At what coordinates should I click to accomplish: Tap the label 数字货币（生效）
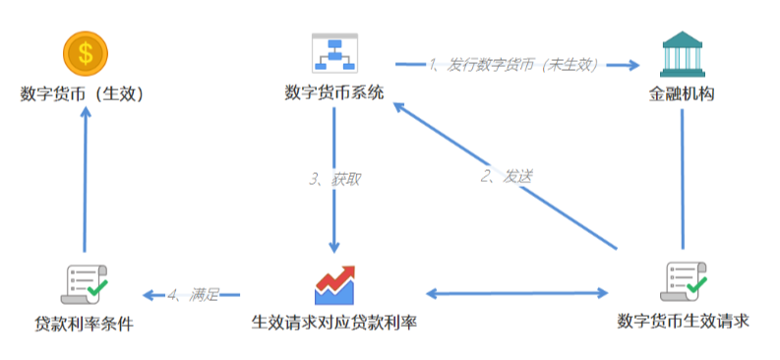(84, 94)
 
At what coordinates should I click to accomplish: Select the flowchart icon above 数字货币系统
(334, 53)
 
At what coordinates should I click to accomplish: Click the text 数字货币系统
(334, 93)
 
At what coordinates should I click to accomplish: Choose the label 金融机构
(682, 95)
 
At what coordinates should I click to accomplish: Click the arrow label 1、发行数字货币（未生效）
(514, 65)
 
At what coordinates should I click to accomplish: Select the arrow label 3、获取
(334, 179)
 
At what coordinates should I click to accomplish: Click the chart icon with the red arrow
(334, 284)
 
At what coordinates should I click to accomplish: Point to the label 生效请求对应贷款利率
(334, 323)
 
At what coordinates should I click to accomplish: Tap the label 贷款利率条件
(84, 324)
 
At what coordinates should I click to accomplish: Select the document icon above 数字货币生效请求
(683, 282)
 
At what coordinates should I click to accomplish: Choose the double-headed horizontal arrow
(518, 293)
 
